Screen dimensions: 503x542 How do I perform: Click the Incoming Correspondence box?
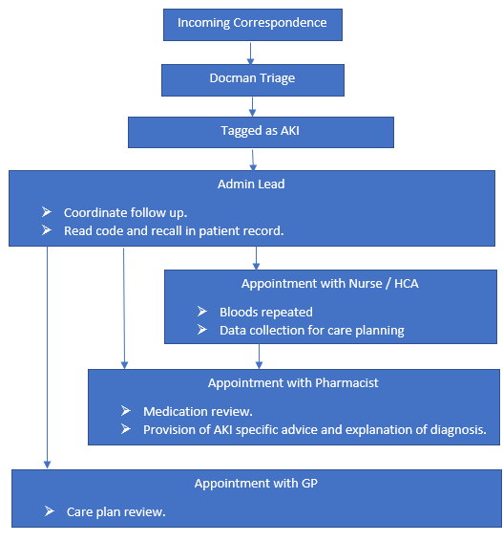pos(253,25)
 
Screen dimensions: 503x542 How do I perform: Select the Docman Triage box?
pos(253,80)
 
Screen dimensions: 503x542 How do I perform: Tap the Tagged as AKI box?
pos(261,132)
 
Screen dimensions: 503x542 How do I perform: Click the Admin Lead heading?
pos(251,184)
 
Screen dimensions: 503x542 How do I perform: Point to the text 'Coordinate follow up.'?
pos(125,213)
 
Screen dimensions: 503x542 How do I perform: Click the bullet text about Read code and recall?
pos(174,231)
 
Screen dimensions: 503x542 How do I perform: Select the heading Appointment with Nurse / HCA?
pos(329,284)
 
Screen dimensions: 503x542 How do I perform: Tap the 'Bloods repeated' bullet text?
pos(266,313)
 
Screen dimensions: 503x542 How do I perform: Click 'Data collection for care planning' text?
pos(312,331)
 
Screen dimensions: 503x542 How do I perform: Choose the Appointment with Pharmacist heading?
pos(293,383)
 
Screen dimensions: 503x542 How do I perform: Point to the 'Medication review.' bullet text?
pos(198,412)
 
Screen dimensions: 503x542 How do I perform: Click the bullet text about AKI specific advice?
pos(315,430)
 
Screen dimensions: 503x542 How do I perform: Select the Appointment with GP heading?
pos(256,484)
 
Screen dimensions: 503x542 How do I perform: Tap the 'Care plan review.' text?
pos(116,512)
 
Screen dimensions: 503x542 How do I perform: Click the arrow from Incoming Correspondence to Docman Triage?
pos(251,54)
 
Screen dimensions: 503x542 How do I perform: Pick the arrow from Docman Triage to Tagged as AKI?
pos(252,107)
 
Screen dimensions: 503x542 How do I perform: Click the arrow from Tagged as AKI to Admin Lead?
pos(253,160)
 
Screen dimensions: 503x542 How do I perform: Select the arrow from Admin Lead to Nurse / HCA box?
pos(256,258)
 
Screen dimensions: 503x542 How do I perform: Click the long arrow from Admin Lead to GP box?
pos(48,358)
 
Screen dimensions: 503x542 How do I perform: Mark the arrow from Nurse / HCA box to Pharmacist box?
pos(259,357)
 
